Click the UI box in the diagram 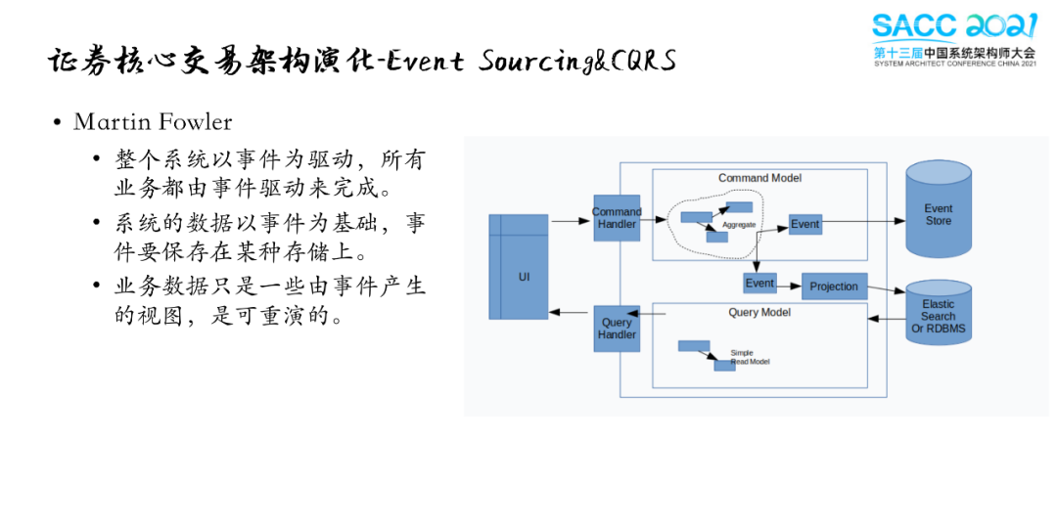click(x=519, y=267)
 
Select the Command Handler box click(x=617, y=218)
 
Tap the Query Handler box click(x=617, y=329)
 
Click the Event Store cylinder click(x=939, y=209)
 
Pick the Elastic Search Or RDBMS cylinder click(x=939, y=313)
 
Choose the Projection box click(x=834, y=287)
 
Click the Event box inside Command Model click(x=804, y=224)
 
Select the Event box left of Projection click(x=759, y=283)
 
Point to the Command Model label click(x=759, y=178)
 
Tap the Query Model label click(x=759, y=313)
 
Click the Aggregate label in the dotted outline click(x=739, y=224)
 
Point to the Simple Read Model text click(x=750, y=357)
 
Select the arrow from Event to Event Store click(x=863, y=221)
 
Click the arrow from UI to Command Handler click(x=571, y=221)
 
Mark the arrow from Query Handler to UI click(x=569, y=312)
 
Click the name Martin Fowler click(x=153, y=122)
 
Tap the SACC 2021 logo click(x=954, y=39)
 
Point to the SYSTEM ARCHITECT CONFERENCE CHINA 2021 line click(x=955, y=64)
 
